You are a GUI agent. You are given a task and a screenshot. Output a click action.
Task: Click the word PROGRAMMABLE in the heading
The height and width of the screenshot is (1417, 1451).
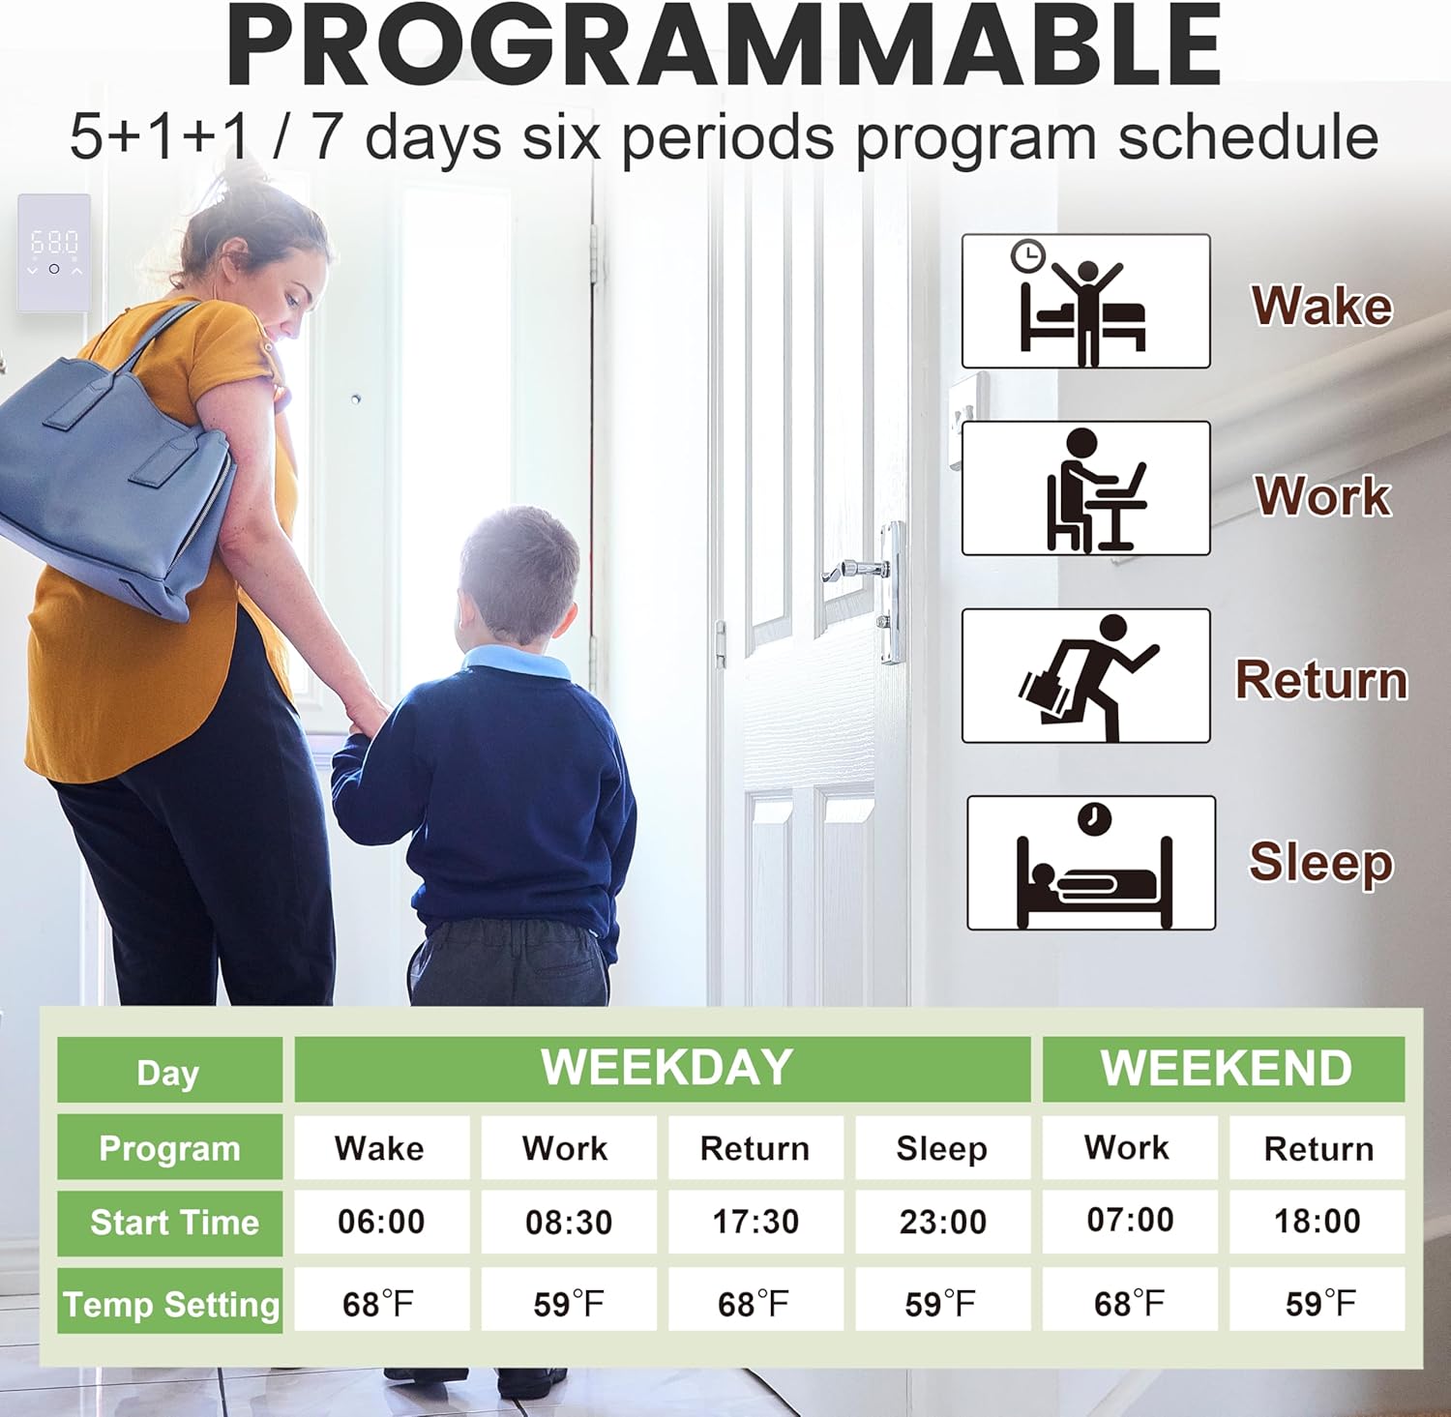[x=725, y=46]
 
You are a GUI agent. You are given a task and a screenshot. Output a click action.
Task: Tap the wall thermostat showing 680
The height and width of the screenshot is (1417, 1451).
[x=54, y=253]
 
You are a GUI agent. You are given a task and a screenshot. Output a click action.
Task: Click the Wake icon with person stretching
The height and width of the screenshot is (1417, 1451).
[x=1085, y=301]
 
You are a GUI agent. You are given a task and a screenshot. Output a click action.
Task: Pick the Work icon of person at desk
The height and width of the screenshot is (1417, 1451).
[x=1085, y=488]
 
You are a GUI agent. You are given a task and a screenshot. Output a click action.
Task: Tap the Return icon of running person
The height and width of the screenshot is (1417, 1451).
[x=1085, y=676]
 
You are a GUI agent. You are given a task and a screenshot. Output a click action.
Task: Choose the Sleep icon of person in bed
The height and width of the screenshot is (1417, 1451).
[x=1091, y=863]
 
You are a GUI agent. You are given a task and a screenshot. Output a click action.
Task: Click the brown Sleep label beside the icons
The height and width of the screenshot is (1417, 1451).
[x=1320, y=862]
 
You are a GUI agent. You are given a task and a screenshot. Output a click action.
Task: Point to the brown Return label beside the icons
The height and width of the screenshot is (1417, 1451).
[x=1321, y=679]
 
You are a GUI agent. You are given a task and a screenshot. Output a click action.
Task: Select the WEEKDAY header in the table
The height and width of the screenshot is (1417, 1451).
[x=666, y=1068]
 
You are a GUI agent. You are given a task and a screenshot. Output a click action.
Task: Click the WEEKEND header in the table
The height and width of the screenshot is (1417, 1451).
[x=1226, y=1069]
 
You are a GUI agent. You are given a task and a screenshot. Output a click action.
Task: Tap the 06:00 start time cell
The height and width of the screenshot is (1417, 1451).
[x=381, y=1222]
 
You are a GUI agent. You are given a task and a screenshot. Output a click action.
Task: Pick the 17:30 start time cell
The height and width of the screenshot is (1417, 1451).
[x=755, y=1222]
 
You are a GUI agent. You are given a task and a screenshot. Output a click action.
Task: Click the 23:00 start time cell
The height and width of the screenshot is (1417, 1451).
[x=943, y=1222]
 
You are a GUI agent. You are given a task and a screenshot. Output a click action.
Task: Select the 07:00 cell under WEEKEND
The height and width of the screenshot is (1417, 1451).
[x=1130, y=1220]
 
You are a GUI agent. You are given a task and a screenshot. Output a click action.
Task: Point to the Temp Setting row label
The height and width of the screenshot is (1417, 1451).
[x=170, y=1304]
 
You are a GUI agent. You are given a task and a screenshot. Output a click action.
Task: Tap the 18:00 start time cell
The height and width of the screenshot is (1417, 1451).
[x=1317, y=1221]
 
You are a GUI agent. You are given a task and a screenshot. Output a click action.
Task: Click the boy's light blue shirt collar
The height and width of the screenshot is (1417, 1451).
[x=518, y=663]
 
